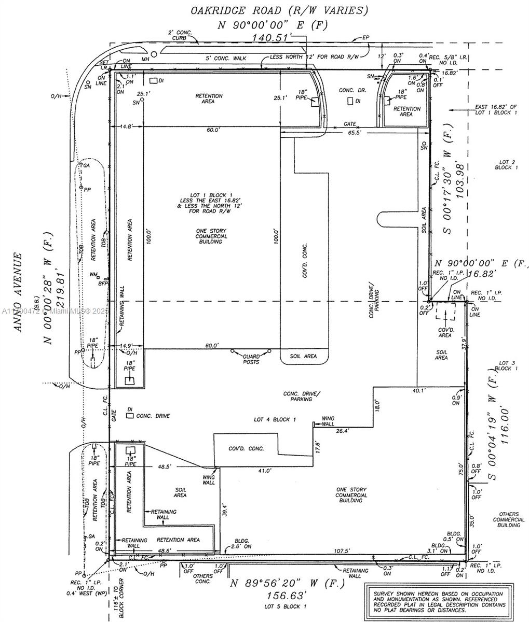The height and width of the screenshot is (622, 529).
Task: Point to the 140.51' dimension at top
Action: click(x=273, y=37)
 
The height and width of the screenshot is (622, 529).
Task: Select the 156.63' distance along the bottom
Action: click(x=287, y=595)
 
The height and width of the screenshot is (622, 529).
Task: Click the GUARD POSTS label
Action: click(x=251, y=359)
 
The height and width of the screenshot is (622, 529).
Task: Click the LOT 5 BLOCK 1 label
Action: click(x=286, y=606)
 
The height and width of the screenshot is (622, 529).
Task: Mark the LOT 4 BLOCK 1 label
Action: click(x=275, y=419)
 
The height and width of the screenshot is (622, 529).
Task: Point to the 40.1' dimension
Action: click(x=418, y=390)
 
